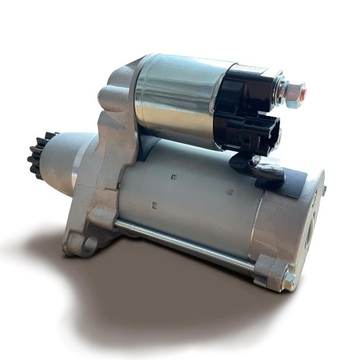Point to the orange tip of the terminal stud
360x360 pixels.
(x=302, y=92)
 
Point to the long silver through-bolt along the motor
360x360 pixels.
(x=187, y=245)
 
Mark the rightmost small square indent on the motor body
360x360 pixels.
(x=230, y=192)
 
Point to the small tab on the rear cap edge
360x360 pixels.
(x=323, y=190)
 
